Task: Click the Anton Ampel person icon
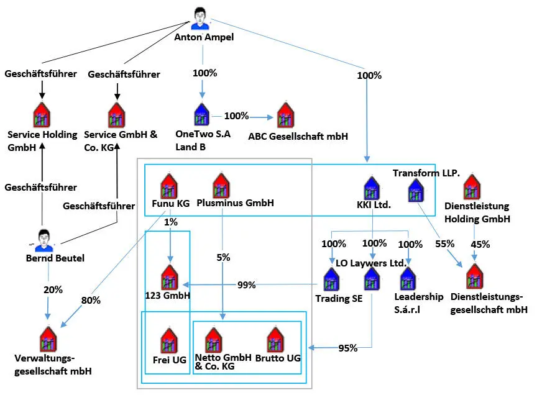(201, 18)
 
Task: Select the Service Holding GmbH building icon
(41, 115)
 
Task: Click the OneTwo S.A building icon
(201, 115)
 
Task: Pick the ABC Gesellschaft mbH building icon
(285, 115)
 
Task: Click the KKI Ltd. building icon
(371, 189)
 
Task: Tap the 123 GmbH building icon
(170, 277)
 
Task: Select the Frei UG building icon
(170, 341)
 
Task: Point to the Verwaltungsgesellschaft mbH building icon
(48, 339)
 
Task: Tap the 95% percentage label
(347, 348)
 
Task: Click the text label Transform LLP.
(426, 173)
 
